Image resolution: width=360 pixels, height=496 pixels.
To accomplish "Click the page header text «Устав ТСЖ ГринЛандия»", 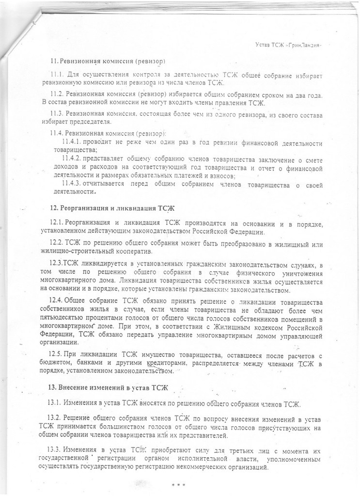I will [288, 45].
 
